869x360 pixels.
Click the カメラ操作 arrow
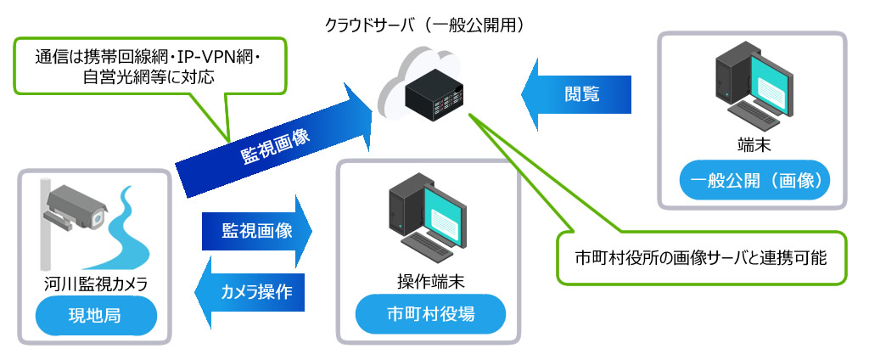point(255,292)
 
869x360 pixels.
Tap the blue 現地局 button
point(93,318)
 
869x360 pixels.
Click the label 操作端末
point(429,281)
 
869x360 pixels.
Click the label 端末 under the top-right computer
point(754,145)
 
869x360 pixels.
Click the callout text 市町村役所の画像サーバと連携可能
point(700,256)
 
